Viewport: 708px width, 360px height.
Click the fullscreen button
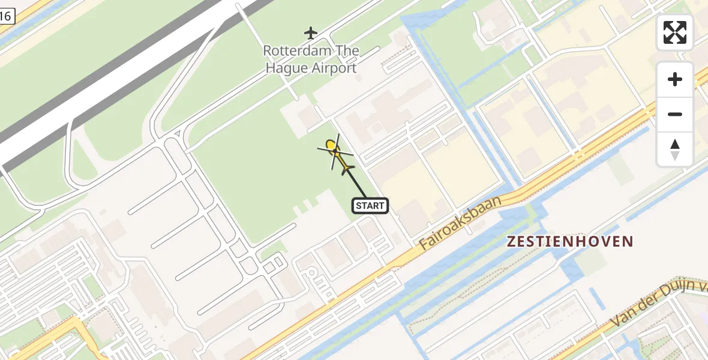click(x=675, y=32)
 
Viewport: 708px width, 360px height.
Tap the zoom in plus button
click(x=675, y=79)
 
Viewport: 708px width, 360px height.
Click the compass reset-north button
click(x=675, y=149)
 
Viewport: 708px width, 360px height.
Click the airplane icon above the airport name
click(x=310, y=32)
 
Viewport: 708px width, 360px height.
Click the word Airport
click(x=334, y=68)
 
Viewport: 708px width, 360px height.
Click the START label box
click(x=370, y=206)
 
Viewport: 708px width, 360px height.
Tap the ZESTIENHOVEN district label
click(x=569, y=242)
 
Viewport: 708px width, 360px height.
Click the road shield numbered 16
click(x=5, y=16)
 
